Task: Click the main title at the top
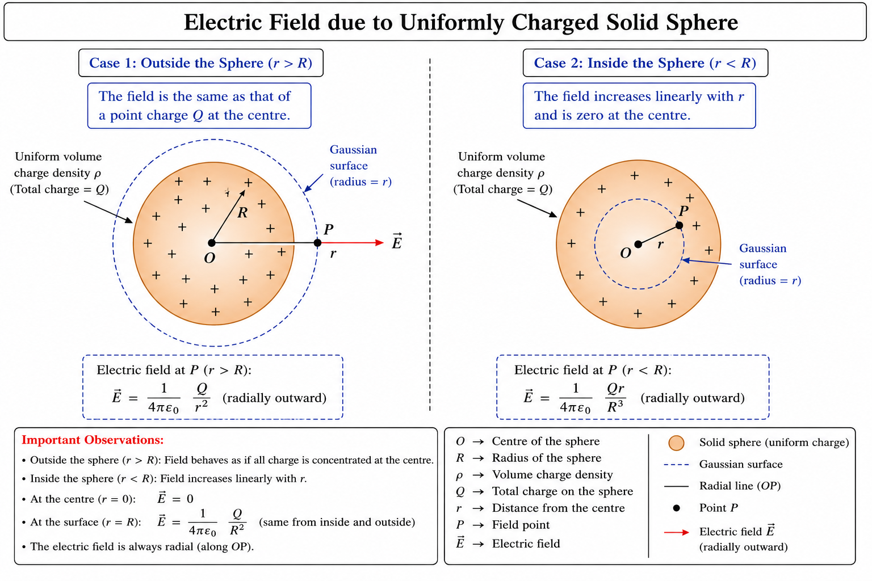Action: [x=460, y=22]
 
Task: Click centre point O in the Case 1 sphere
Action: [x=211, y=243]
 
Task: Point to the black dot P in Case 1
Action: [x=318, y=243]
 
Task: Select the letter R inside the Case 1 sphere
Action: [x=242, y=213]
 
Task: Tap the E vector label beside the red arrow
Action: [x=397, y=241]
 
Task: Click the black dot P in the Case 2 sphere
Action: [x=680, y=225]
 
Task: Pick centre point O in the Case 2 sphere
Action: [x=638, y=245]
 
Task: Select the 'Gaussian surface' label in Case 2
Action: [x=770, y=264]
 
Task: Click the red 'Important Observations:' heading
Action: [x=93, y=440]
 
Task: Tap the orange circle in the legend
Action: [x=676, y=443]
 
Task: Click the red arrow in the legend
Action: [x=677, y=532]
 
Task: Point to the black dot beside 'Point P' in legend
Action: [x=677, y=508]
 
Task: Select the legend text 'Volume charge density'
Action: [x=552, y=475]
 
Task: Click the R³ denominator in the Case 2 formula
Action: [x=615, y=407]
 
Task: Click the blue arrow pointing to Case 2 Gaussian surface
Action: [x=707, y=262]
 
